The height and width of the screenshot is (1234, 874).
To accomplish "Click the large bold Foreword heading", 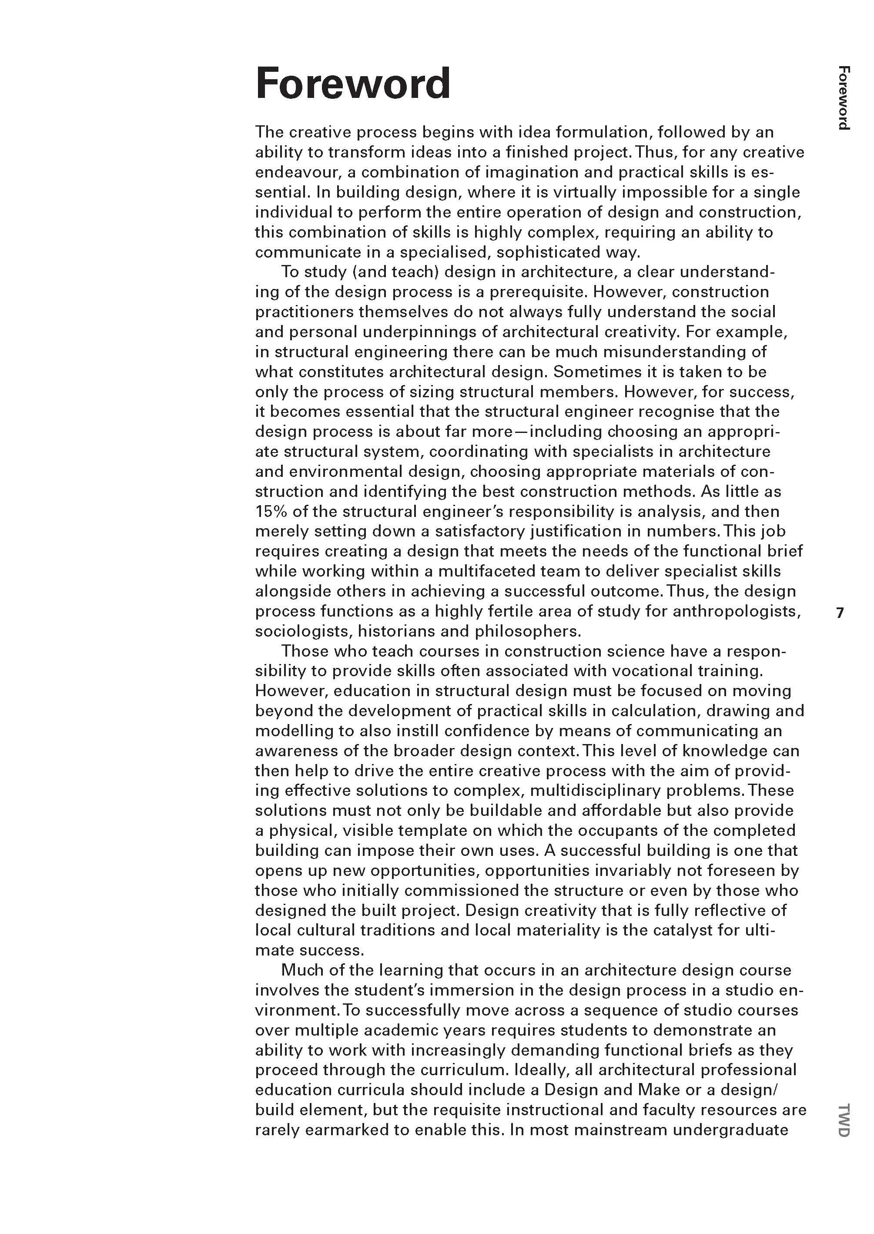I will (352, 84).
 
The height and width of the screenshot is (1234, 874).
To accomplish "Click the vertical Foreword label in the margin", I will (843, 98).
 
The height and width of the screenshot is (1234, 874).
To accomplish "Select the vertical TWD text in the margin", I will (843, 1120).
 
